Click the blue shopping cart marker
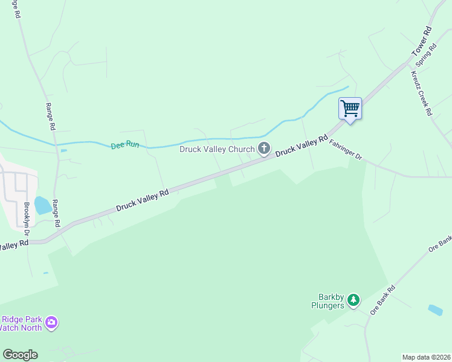click(x=350, y=109)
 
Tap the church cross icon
click(x=264, y=148)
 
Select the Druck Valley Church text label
click(x=217, y=148)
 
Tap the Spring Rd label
click(x=426, y=55)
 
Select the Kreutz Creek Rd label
click(x=421, y=94)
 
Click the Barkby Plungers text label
click(x=332, y=300)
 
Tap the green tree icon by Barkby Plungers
click(x=353, y=299)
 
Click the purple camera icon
click(x=52, y=323)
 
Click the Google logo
click(x=20, y=355)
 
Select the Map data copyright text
click(x=426, y=357)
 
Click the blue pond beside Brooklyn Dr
click(x=42, y=205)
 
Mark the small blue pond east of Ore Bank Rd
click(x=435, y=310)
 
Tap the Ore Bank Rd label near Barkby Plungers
click(x=383, y=299)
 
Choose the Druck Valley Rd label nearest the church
click(x=297, y=147)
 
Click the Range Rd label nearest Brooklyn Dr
click(x=56, y=213)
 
